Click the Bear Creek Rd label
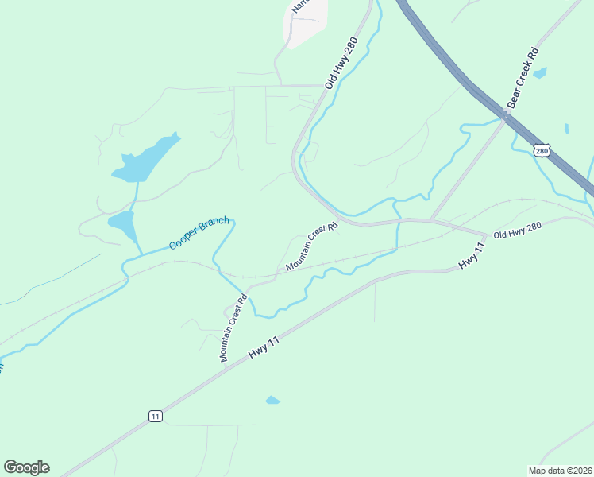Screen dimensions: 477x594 [x=523, y=77]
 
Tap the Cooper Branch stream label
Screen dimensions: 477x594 [x=199, y=233]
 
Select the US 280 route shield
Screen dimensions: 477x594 [x=542, y=150]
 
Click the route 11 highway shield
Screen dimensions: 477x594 [x=155, y=416]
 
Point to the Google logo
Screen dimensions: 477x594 [x=26, y=467]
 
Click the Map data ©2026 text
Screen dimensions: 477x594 [x=560, y=470]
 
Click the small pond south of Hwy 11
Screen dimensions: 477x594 [x=272, y=400]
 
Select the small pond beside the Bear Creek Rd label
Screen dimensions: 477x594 [x=540, y=73]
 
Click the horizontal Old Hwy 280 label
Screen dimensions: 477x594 [x=517, y=231]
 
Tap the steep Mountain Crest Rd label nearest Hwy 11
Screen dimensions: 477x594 [x=234, y=328]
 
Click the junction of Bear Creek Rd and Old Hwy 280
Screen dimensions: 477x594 [x=431, y=220]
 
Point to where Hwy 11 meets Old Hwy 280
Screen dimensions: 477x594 [x=485, y=235]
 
